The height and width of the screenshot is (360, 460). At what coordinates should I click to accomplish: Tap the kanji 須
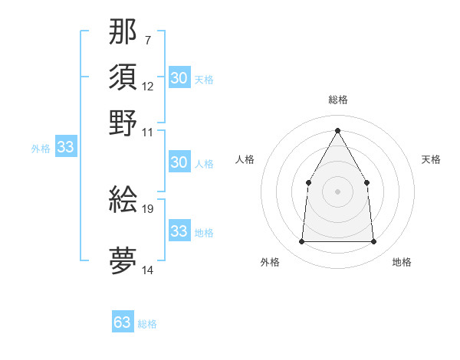[x=123, y=77]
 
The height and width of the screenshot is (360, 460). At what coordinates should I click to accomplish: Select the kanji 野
[x=123, y=123]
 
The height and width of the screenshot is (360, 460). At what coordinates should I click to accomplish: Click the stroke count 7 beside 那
[x=147, y=40]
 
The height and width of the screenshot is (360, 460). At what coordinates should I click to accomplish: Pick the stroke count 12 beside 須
[x=148, y=86]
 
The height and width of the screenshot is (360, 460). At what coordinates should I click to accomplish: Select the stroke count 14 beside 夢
[x=148, y=270]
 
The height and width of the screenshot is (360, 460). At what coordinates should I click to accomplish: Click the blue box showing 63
[x=123, y=322]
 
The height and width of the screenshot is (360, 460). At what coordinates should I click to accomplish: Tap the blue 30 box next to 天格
[x=179, y=78]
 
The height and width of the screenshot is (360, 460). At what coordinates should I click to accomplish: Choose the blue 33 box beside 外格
[x=65, y=148]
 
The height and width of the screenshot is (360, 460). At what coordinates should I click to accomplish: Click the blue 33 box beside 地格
[x=179, y=231]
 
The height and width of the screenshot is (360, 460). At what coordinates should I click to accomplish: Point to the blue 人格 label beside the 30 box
[x=204, y=164]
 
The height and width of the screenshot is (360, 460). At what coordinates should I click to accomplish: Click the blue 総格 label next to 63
[x=147, y=324]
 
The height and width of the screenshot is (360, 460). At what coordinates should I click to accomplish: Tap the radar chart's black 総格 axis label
[x=337, y=100]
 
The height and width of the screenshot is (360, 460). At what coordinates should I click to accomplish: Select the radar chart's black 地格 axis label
[x=402, y=262]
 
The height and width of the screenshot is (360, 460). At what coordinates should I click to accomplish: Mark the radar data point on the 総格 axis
[x=337, y=130]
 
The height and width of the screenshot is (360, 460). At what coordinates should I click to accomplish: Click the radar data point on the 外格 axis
[x=301, y=241]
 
